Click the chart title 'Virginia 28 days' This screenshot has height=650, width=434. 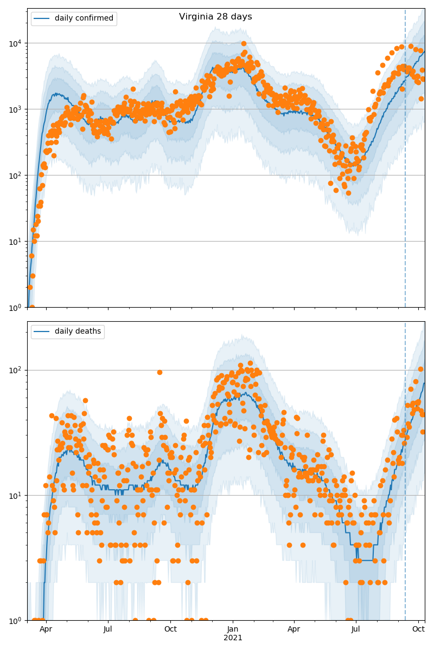215,17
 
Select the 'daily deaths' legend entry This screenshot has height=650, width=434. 78,331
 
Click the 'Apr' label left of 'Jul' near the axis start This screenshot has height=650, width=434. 46,629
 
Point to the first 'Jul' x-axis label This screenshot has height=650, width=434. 108,629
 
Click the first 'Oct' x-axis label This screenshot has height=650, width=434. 170,629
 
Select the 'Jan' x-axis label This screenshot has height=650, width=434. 233,629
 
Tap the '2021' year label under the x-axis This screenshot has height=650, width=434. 233,638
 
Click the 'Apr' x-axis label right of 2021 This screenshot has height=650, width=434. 294,629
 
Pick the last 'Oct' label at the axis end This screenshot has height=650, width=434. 418,629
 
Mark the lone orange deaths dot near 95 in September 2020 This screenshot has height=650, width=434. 159,372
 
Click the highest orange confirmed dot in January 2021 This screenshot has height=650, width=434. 244,44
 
